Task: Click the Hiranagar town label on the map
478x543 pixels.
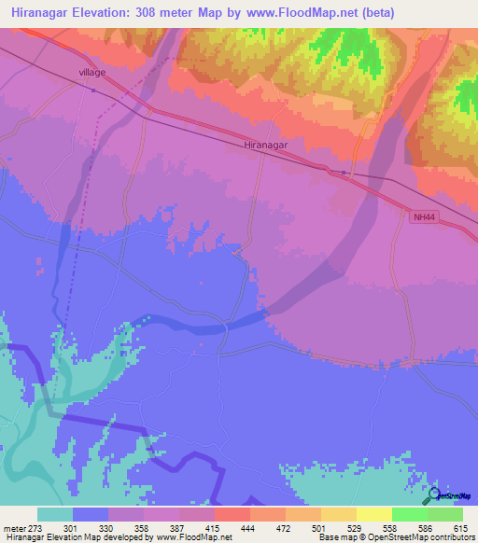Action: point(265,146)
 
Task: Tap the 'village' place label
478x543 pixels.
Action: point(92,72)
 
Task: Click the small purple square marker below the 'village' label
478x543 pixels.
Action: point(93,90)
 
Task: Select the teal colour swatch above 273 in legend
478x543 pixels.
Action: point(55,514)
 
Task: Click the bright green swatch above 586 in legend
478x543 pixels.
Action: point(410,514)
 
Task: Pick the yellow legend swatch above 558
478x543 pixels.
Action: point(374,514)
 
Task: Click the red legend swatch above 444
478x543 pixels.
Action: point(232,514)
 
